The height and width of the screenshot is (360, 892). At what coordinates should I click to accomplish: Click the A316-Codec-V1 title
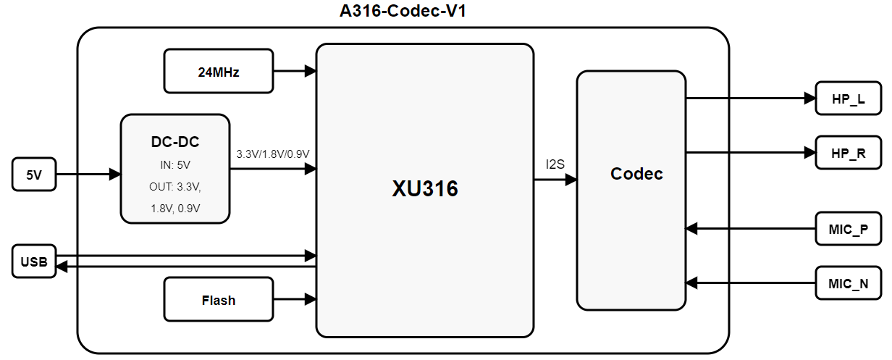coord(408,11)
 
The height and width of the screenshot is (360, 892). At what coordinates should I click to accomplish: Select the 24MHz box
coord(219,71)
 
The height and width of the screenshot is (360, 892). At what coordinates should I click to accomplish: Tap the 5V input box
coord(33,175)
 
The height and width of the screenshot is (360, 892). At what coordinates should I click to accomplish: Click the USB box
coord(33,261)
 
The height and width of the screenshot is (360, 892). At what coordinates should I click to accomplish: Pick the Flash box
coord(219,299)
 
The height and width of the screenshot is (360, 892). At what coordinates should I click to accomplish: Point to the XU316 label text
coord(425,189)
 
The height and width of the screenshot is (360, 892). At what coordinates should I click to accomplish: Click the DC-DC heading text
coord(175,143)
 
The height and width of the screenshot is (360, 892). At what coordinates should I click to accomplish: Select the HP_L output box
coord(848,98)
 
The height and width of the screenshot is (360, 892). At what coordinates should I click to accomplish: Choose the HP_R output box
coord(848,152)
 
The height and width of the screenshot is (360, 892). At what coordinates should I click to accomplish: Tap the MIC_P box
coord(848,228)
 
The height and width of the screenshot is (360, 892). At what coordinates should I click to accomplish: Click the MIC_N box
coord(848,282)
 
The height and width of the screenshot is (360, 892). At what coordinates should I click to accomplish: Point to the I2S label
coord(556,165)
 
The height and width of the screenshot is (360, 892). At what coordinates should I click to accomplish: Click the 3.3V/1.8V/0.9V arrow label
coord(272,154)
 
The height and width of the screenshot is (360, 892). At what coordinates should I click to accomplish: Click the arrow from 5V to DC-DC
coord(87,175)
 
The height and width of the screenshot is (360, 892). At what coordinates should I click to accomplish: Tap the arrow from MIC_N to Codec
coord(749,282)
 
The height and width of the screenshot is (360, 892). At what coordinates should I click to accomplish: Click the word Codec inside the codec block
coord(636,174)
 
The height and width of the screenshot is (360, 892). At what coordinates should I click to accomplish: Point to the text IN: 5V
coord(175,164)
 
